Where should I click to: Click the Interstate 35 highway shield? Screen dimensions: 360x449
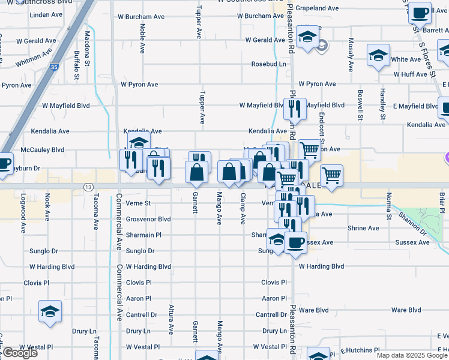pyautogui.click(x=54, y=68)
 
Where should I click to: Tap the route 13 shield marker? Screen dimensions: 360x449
pyautogui.click(x=88, y=187)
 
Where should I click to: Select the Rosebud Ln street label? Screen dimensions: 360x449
pyautogui.click(x=268, y=64)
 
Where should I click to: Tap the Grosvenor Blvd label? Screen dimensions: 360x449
pyautogui.click(x=148, y=220)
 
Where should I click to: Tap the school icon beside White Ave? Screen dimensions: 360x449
pyautogui.click(x=379, y=57)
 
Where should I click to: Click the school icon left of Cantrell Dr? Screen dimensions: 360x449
pyautogui.click(x=50, y=311)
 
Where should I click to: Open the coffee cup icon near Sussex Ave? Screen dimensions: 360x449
pyautogui.click(x=295, y=242)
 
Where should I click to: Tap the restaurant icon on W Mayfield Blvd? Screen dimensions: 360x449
pyautogui.click(x=295, y=109)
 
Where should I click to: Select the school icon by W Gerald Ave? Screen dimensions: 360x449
pyautogui.click(x=307, y=38)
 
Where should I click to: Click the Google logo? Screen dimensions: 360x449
pyautogui.click(x=19, y=353)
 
